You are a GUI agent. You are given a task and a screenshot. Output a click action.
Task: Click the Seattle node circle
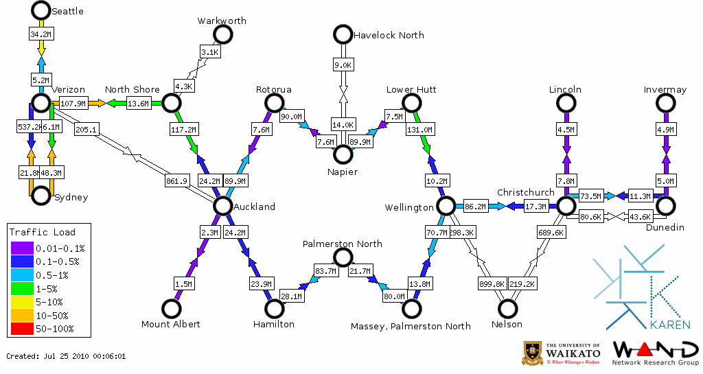click(x=41, y=10)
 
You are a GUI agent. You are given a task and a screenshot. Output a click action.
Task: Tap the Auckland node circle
click(x=222, y=206)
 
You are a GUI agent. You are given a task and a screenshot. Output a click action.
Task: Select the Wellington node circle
click(x=446, y=206)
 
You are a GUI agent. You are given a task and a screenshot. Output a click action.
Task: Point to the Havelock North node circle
click(x=342, y=34)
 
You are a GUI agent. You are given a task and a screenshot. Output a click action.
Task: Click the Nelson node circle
click(x=508, y=309)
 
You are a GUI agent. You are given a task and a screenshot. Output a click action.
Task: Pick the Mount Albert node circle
click(x=170, y=309)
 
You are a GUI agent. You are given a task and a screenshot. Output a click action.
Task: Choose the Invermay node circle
click(x=665, y=103)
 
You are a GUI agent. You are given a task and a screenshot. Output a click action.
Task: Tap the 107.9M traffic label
click(x=74, y=104)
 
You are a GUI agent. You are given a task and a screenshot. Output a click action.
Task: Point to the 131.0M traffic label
click(x=419, y=129)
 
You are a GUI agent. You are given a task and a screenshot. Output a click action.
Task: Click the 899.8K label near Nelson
click(x=492, y=283)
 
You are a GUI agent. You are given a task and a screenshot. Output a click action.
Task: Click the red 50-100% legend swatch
click(x=22, y=329)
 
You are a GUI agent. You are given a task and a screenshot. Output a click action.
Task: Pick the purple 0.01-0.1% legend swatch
click(x=22, y=248)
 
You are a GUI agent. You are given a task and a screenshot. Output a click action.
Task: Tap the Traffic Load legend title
click(x=43, y=232)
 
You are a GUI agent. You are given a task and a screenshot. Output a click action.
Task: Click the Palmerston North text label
click(x=343, y=244)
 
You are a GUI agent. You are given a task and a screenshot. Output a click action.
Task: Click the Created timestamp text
click(x=66, y=356)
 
